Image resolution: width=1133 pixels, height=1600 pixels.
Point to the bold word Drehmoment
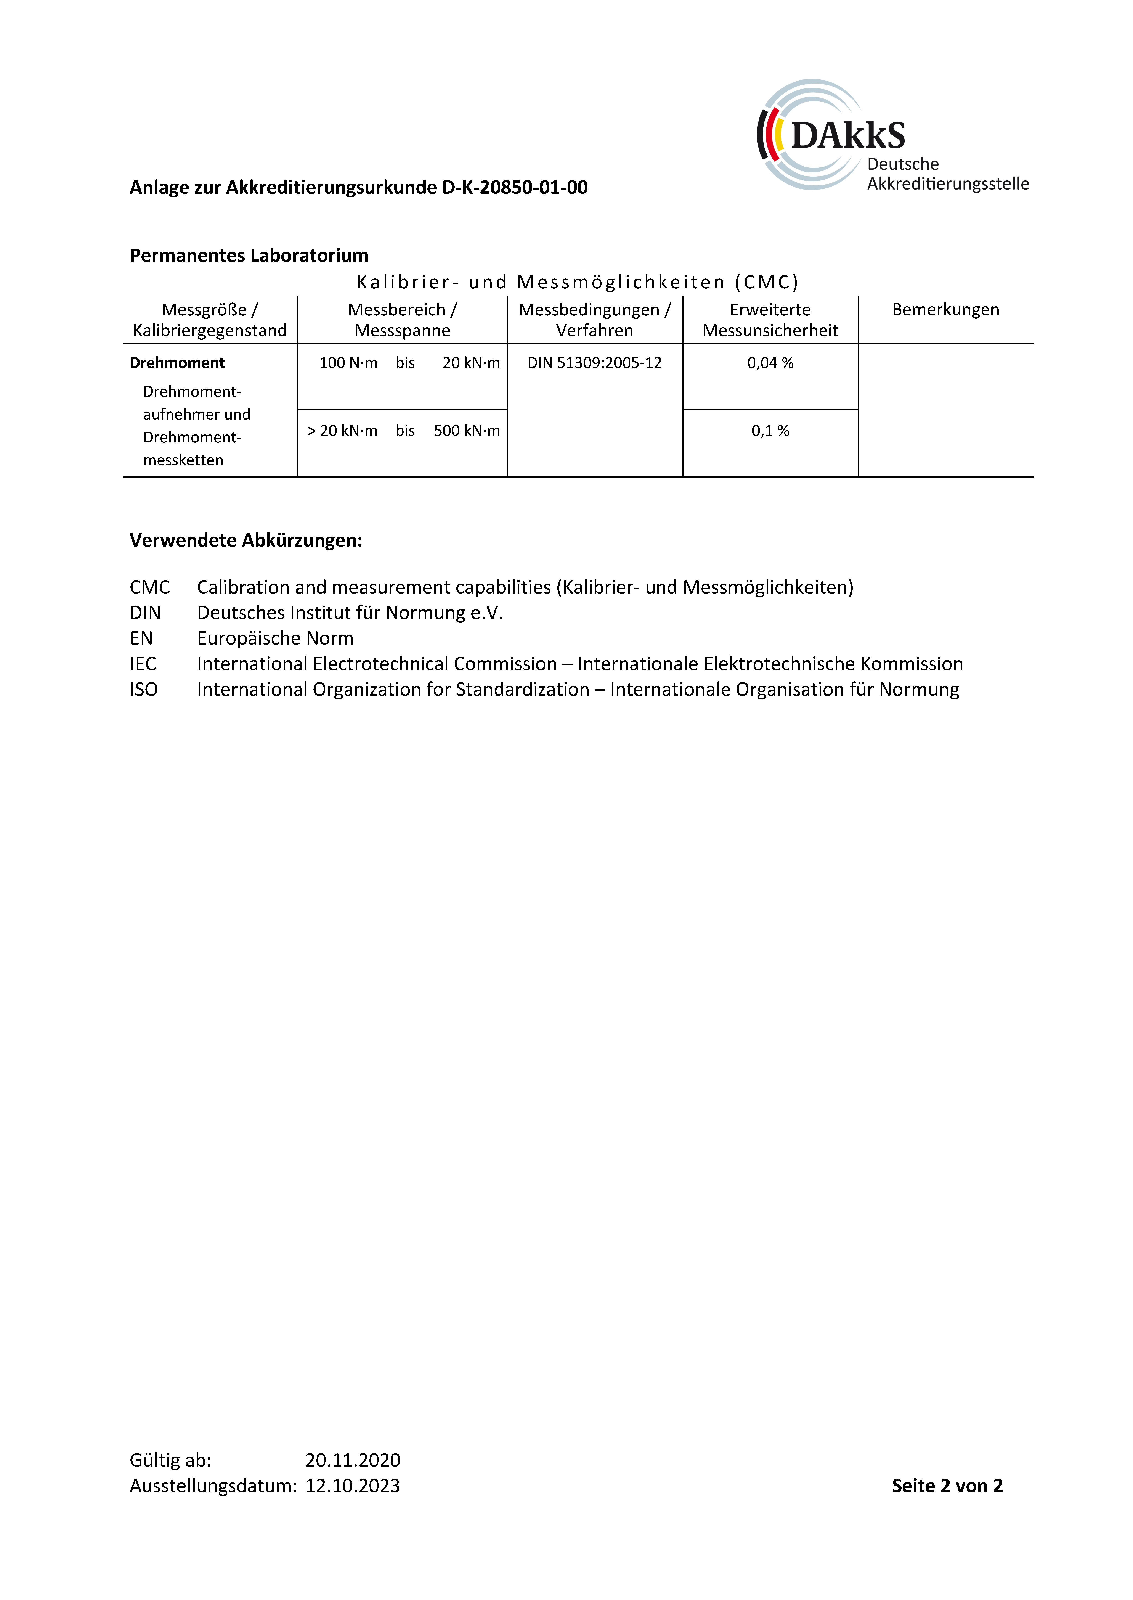(177, 363)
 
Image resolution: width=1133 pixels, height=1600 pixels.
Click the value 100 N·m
(348, 363)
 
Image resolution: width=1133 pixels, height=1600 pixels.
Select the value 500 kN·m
(467, 431)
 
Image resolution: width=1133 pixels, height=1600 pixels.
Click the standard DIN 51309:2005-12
(594, 363)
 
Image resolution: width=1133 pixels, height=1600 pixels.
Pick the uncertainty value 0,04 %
(770, 363)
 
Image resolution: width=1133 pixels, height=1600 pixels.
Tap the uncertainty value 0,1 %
(770, 431)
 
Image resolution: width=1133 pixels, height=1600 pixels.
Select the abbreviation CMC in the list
(149, 587)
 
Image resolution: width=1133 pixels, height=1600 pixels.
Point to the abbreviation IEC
(143, 664)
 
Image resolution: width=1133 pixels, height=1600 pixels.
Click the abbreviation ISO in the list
(144, 690)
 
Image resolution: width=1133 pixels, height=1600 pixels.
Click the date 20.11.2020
(352, 1460)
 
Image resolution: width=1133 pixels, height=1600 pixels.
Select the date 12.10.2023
(352, 1486)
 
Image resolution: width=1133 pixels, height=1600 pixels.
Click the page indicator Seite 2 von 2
(947, 1486)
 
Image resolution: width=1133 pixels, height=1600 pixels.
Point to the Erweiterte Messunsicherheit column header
(770, 320)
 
